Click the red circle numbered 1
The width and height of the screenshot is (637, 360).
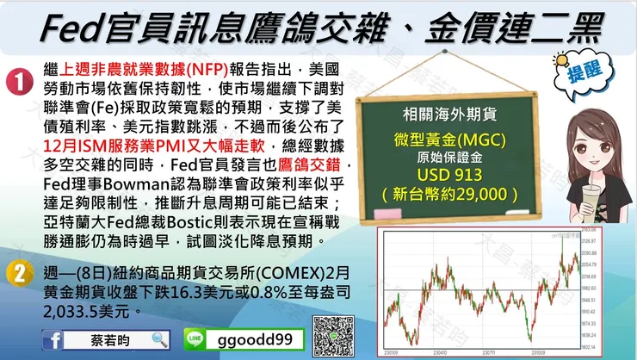click(x=19, y=84)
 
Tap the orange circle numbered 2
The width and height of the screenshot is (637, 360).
click(x=19, y=274)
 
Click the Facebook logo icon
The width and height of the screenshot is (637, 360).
click(x=55, y=339)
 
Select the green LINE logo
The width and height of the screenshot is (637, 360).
click(x=195, y=339)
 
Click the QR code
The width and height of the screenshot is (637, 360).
click(x=333, y=337)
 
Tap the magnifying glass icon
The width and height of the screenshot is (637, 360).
click(x=158, y=339)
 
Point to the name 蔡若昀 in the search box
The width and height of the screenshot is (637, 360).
click(x=108, y=339)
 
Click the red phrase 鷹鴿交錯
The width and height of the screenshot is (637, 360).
click(x=316, y=164)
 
